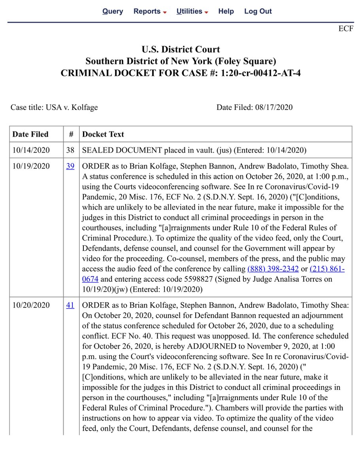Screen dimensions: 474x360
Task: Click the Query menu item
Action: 113,11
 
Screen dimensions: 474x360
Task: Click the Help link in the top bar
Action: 226,11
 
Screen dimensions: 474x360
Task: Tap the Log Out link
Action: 258,11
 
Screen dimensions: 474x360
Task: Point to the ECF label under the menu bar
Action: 346,29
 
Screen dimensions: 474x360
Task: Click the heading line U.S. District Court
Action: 181,50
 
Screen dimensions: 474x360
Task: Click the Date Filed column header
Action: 30,134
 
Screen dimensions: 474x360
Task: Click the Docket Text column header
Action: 103,134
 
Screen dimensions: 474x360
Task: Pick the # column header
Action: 71,134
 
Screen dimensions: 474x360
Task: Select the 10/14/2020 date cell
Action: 30,150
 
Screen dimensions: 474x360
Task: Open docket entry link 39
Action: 70,166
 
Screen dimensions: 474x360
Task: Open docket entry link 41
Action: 70,305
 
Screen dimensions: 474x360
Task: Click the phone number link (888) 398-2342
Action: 273,269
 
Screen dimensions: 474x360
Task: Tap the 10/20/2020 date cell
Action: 30,305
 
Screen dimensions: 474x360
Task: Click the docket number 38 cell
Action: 70,150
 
